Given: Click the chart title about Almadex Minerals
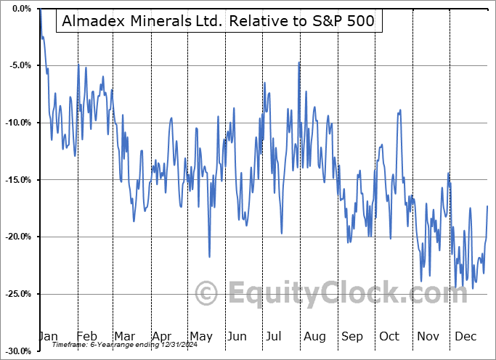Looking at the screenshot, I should point(218,20).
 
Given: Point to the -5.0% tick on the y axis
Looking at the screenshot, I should point(19,65).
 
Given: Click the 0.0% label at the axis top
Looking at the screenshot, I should point(20,9).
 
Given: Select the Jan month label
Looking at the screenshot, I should point(48,337).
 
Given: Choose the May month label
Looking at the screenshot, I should point(201,337).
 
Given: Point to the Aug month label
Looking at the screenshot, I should point(314,337).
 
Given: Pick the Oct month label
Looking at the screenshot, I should point(390,337).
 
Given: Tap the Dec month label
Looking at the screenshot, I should point(465,337).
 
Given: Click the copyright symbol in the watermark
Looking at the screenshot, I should point(207,294).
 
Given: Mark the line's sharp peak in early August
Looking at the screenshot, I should point(298,62).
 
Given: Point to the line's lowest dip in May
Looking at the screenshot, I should point(209,256).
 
